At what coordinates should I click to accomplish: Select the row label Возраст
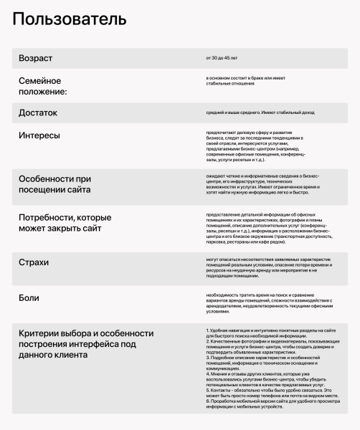coord(36,57)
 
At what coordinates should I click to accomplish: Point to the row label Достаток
coord(38,113)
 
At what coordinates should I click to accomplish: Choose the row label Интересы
coord(39,135)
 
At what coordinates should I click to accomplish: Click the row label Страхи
coord(34,262)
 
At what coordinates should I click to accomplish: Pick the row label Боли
coord(29,297)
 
